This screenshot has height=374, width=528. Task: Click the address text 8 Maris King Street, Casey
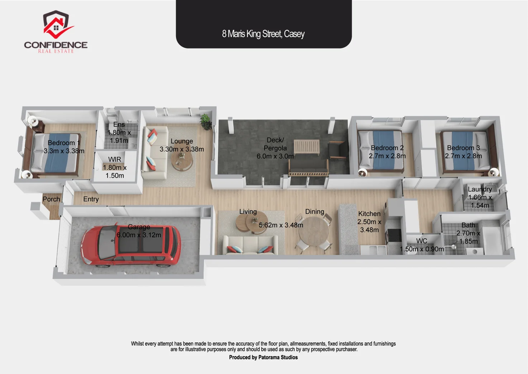click(x=263, y=34)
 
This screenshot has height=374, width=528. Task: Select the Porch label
click(x=51, y=199)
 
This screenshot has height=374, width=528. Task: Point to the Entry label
click(x=91, y=199)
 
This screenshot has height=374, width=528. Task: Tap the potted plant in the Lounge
click(x=206, y=122)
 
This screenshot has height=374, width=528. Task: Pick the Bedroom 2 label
click(x=387, y=148)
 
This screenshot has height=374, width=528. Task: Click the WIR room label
click(x=115, y=159)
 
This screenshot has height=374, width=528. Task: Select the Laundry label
click(x=480, y=189)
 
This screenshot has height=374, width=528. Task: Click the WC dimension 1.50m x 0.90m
click(x=422, y=249)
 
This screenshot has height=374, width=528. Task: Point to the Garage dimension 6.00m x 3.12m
click(x=139, y=235)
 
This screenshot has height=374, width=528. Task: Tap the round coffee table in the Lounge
click(x=182, y=161)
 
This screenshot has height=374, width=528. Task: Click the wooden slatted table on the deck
click(x=307, y=147)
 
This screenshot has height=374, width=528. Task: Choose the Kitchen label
click(x=369, y=214)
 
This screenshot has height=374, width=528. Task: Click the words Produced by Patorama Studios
click(x=263, y=357)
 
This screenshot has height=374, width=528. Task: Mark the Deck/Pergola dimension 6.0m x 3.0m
click(x=275, y=156)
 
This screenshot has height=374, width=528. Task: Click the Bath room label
click(x=468, y=225)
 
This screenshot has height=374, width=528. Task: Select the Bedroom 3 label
click(x=463, y=148)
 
